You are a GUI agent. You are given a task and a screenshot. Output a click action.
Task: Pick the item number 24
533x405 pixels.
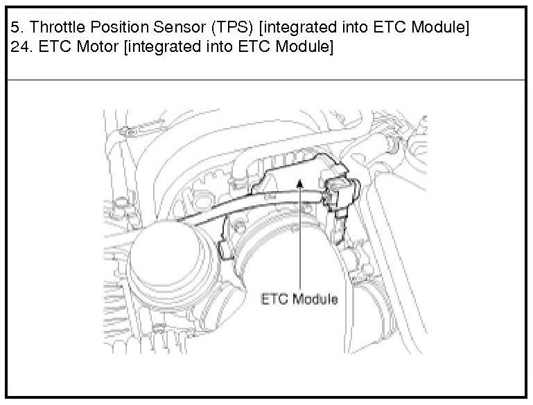coord(17,48)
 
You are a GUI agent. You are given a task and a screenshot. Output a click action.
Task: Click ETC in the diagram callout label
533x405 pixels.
coord(274,300)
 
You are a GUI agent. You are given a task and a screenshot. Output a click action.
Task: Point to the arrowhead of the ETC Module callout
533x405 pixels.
coord(299,181)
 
